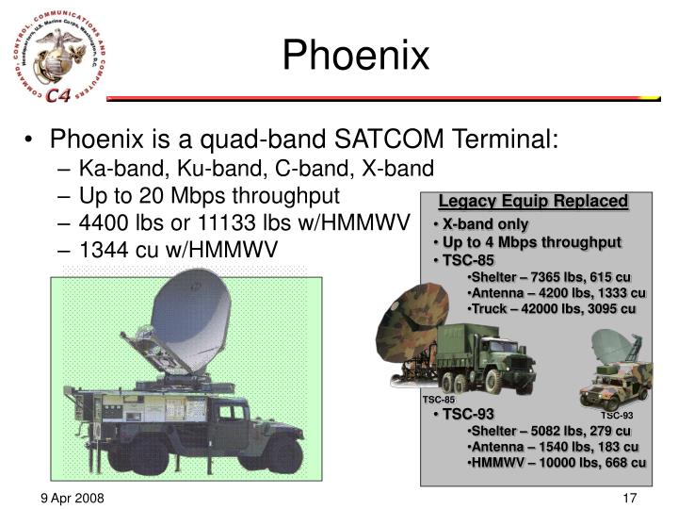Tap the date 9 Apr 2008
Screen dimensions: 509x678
[x=72, y=497]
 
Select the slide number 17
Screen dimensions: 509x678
[x=631, y=497]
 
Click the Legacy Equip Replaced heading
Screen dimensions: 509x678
[x=533, y=201]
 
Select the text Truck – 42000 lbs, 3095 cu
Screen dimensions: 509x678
[x=554, y=308]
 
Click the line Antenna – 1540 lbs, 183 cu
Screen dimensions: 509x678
[x=554, y=447]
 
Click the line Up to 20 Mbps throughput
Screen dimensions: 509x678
[x=209, y=195]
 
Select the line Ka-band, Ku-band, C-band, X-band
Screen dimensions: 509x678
[x=256, y=169]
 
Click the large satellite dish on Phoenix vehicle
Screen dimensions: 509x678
[x=188, y=320]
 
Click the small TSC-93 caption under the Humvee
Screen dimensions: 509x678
[x=617, y=416]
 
